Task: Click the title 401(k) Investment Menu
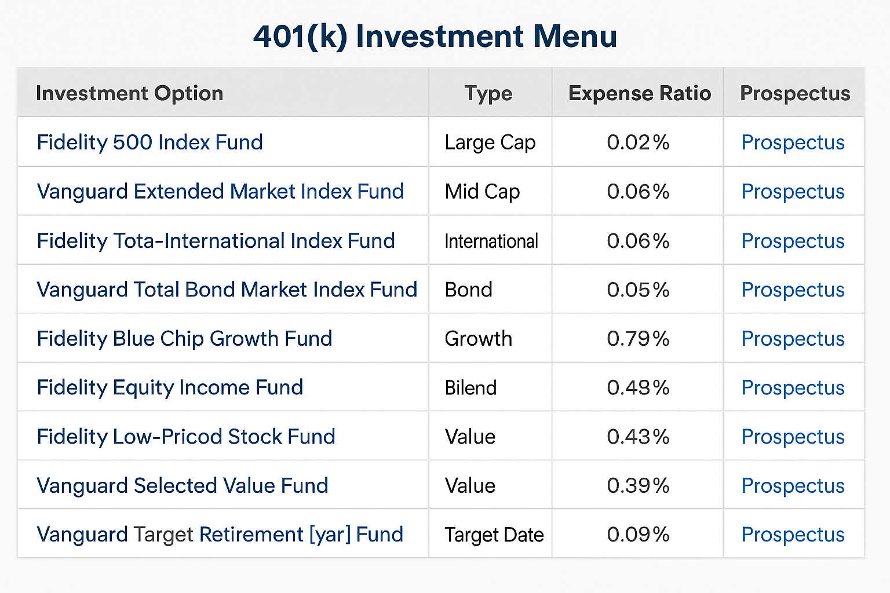coord(435,36)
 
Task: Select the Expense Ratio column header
coord(639,93)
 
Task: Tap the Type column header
coord(488,93)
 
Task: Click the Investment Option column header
coord(129,93)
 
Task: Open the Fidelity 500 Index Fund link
coord(149,142)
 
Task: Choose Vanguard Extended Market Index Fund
coord(220,192)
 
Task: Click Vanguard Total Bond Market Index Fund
coord(227,290)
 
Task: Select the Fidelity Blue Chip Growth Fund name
coord(184,339)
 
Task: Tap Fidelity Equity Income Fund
coord(170,387)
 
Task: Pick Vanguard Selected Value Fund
coord(183,485)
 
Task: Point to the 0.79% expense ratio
coord(638,339)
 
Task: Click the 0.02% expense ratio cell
coord(638,142)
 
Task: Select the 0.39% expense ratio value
coord(638,485)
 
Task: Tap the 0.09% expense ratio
coord(638,535)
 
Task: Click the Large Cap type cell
coord(490,142)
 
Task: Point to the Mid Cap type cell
coord(482,192)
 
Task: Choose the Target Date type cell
coord(494,535)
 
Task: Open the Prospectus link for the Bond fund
coord(793,290)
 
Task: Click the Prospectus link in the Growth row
coord(793,339)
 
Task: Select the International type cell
coord(491,241)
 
